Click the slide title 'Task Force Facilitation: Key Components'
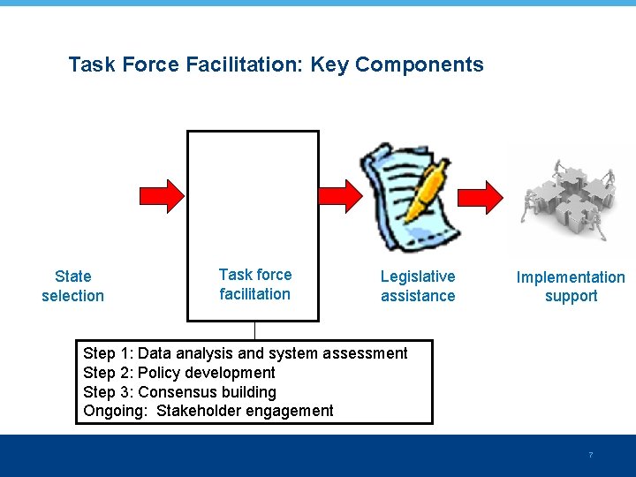276,64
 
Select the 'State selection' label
72,286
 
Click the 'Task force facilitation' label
254,284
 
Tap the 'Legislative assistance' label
418,286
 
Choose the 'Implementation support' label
571,286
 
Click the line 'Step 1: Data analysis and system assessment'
246,353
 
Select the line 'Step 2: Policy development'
179,373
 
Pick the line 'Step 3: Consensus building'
179,391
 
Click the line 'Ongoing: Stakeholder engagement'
208,411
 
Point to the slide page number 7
590,455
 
